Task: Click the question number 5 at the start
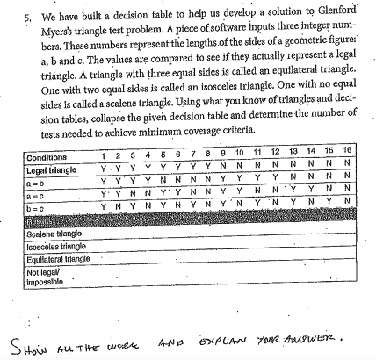click(x=27, y=17)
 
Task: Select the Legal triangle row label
click(x=52, y=168)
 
